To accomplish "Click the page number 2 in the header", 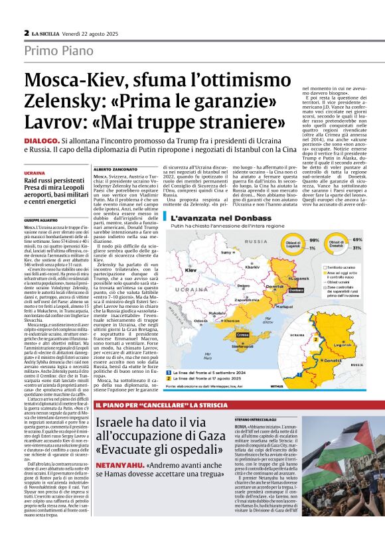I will click(x=26, y=33).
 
